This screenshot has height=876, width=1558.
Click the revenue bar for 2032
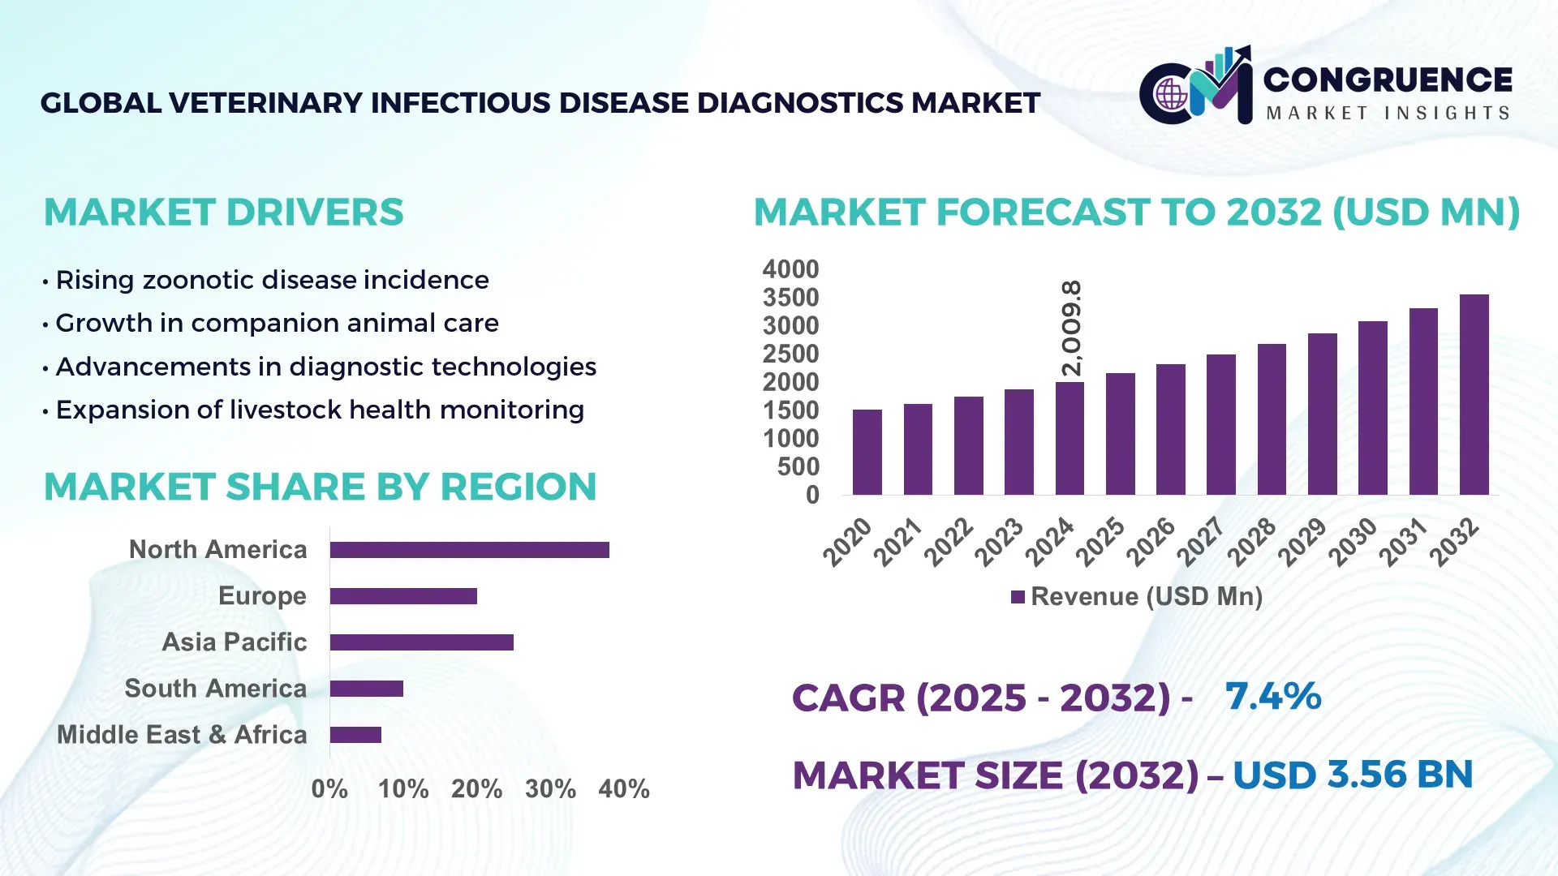(x=1474, y=395)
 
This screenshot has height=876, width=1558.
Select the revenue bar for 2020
(x=867, y=453)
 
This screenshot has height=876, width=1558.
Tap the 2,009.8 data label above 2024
(x=1071, y=328)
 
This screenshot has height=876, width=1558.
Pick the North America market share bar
(x=469, y=550)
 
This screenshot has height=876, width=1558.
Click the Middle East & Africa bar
(x=355, y=735)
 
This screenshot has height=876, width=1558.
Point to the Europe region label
(x=262, y=596)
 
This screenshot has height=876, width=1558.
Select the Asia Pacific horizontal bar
(x=421, y=642)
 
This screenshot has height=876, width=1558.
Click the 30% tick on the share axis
(x=550, y=789)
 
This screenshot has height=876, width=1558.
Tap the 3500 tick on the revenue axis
(x=790, y=298)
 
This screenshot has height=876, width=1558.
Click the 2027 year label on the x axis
(x=1201, y=541)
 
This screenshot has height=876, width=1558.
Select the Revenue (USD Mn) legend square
(x=1018, y=598)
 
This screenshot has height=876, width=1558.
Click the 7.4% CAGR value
(x=1272, y=696)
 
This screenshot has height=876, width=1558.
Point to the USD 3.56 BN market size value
(x=1352, y=775)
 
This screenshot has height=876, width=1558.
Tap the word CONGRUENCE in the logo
(x=1388, y=79)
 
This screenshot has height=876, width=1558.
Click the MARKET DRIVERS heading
(x=223, y=213)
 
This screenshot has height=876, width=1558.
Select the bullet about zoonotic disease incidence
(x=272, y=280)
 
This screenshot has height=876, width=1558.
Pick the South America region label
(x=215, y=689)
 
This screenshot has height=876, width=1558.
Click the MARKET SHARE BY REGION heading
(x=320, y=487)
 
